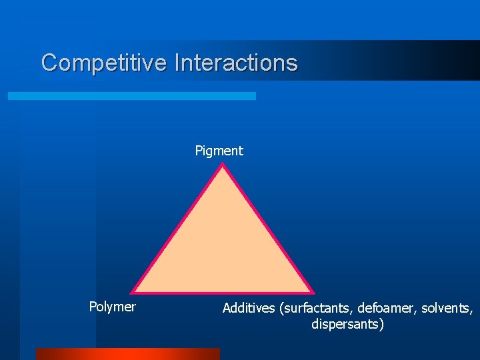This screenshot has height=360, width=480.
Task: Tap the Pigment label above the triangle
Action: (x=219, y=151)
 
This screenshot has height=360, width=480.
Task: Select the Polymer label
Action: (x=112, y=307)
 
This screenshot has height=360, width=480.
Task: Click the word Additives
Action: (x=249, y=308)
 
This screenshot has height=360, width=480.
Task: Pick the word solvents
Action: (x=447, y=308)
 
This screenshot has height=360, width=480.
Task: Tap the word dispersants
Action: (x=345, y=325)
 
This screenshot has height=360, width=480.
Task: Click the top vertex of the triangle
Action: (x=223, y=165)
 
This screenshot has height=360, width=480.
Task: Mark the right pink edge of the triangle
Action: (x=268, y=229)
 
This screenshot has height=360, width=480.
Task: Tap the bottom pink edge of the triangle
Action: (x=223, y=292)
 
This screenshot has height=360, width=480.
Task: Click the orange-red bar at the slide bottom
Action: (x=127, y=354)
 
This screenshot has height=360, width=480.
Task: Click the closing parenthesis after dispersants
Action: (x=382, y=325)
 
